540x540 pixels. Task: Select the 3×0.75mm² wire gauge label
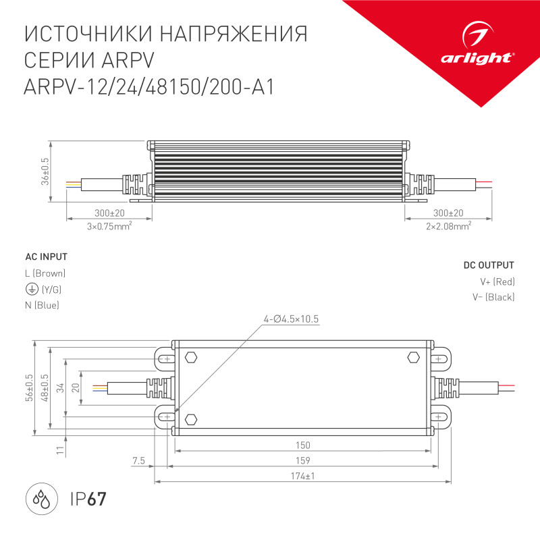click(x=109, y=226)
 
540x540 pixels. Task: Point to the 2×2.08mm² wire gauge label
click(x=448, y=226)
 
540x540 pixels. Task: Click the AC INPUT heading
click(x=46, y=257)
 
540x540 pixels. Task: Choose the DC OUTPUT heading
click(x=489, y=265)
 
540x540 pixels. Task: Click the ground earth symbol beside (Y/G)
click(x=31, y=289)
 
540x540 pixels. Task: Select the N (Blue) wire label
click(x=42, y=305)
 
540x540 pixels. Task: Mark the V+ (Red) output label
click(x=493, y=281)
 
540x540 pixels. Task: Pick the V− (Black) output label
click(x=493, y=298)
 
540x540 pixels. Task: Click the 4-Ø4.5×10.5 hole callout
click(x=292, y=319)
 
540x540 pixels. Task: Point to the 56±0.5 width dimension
click(x=28, y=388)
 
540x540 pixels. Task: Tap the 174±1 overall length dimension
click(x=303, y=477)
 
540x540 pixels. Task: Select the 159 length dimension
click(x=303, y=460)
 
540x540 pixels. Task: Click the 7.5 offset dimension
click(x=138, y=460)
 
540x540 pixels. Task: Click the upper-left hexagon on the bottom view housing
click(x=191, y=358)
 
